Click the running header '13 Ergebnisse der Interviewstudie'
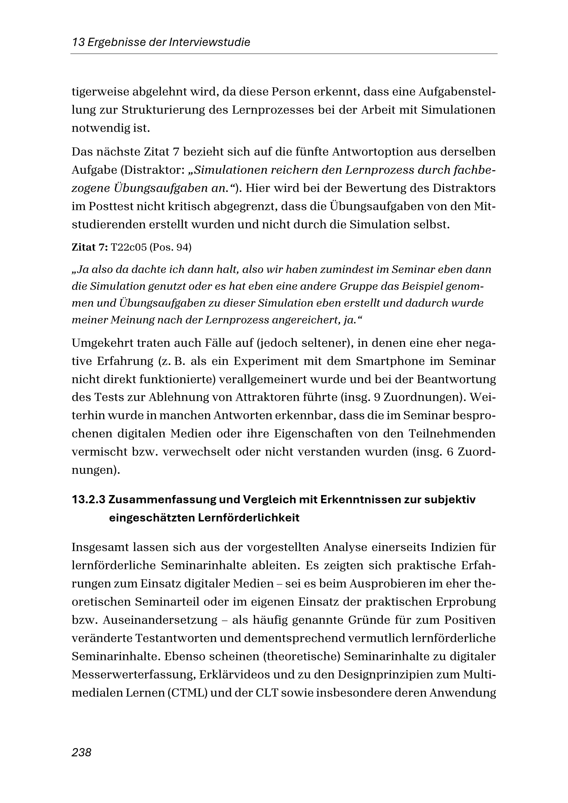[x=161, y=43]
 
